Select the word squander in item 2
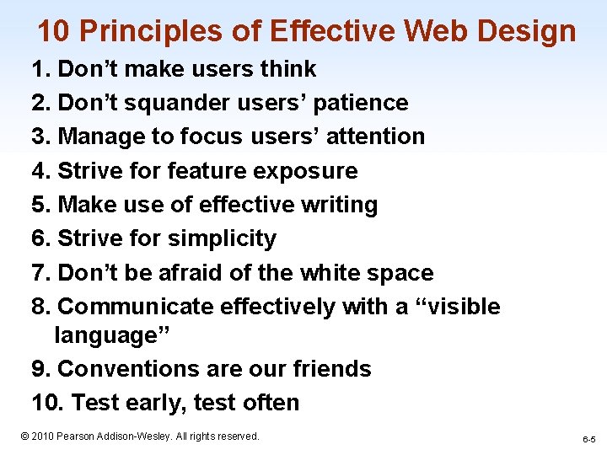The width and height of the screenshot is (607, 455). click(x=182, y=103)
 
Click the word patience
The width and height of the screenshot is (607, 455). click(x=360, y=103)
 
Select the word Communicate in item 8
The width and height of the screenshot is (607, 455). click(x=137, y=307)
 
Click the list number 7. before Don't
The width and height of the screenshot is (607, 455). click(x=41, y=273)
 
